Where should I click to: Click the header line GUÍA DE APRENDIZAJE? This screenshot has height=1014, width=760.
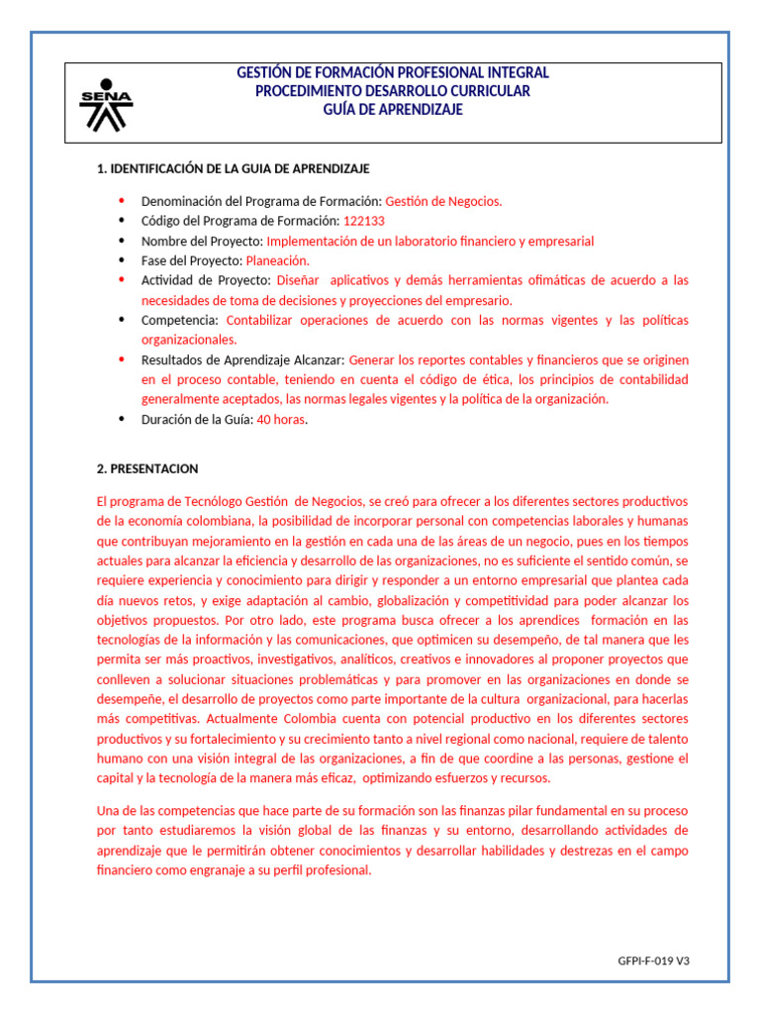click(393, 110)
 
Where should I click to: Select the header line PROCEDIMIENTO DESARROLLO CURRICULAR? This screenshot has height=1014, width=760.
click(393, 91)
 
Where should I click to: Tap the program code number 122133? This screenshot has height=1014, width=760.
click(364, 221)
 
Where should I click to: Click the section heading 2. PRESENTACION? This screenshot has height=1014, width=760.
click(147, 468)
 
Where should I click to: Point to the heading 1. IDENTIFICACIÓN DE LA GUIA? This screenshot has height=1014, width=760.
click(233, 169)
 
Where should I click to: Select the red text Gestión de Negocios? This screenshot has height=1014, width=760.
click(443, 201)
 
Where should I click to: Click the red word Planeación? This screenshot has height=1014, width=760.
click(277, 260)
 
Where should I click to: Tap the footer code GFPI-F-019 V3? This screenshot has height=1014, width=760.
click(653, 961)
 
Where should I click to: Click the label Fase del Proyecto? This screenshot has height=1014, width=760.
click(192, 260)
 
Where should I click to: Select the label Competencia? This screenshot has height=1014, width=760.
click(181, 320)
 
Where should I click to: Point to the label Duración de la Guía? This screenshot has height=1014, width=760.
click(197, 419)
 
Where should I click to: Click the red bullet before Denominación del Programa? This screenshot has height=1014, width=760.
click(122, 201)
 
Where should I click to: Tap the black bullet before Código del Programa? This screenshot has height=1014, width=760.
click(122, 221)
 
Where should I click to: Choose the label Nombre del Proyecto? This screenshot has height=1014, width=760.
click(202, 241)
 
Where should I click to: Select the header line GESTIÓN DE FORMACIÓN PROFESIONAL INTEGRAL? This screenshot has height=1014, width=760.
click(393, 73)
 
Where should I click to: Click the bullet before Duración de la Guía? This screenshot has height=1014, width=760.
click(122, 419)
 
